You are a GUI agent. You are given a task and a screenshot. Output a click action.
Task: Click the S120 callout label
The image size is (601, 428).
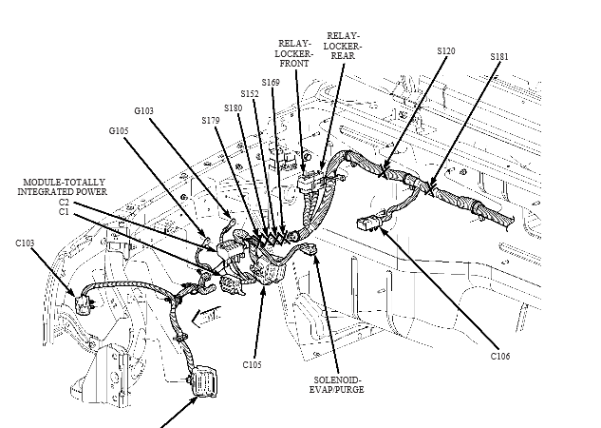coord(445,49)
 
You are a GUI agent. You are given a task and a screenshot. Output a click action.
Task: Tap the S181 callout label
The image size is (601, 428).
coord(499,56)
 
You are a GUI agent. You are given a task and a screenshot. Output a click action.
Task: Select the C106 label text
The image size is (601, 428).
coord(500,358)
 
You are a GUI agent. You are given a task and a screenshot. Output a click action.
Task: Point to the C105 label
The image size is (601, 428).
coord(252,364)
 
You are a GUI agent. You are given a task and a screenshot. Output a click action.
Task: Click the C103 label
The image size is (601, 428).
coord(26,243)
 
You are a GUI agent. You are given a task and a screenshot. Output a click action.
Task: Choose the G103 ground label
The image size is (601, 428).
coord(144,111)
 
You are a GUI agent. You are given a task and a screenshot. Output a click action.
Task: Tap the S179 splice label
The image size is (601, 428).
coord(211,120)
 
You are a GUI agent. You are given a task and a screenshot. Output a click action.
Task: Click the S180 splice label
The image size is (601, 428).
coord(233,107)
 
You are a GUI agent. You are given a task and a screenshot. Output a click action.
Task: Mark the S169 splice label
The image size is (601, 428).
coord(272,84)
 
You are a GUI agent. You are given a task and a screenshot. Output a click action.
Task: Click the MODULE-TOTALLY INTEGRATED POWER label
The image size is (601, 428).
coord(64,185)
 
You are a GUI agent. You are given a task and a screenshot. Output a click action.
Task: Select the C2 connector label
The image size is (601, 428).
coord(64,202)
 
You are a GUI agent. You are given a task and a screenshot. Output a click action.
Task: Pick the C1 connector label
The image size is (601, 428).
coord(64,211)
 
